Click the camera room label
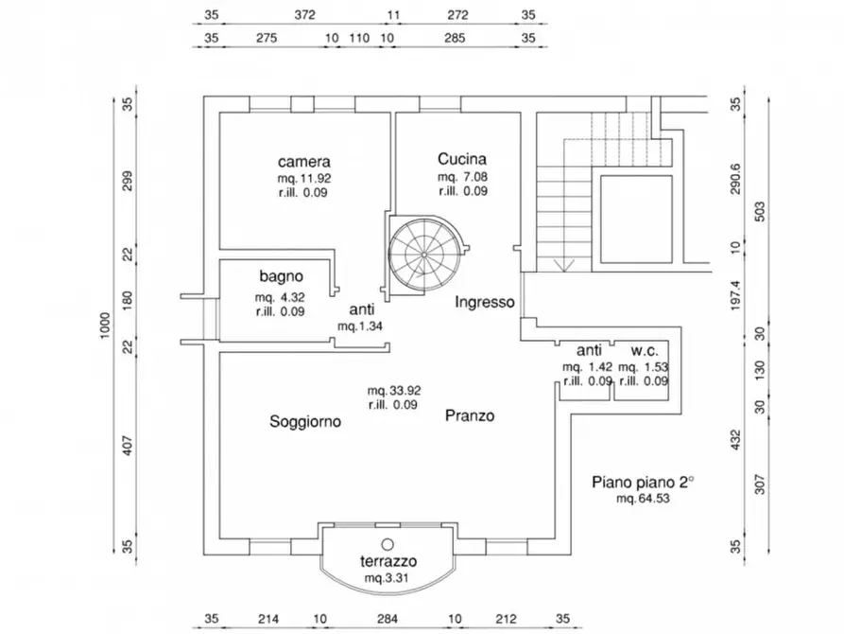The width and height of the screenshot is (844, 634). click(x=304, y=162)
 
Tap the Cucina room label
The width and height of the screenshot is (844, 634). click(x=462, y=159)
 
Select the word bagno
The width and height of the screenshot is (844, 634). click(x=281, y=276)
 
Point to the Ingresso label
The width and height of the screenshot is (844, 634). click(x=485, y=302)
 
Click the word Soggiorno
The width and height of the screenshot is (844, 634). click(x=305, y=422)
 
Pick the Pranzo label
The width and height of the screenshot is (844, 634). click(x=470, y=415)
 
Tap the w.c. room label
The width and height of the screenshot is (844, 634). click(x=645, y=351)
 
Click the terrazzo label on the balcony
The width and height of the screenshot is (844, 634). click(x=388, y=561)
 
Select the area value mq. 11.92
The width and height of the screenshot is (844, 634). click(x=304, y=179)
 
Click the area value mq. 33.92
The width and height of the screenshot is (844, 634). click(x=394, y=390)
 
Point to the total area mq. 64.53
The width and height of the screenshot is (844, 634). click(x=643, y=498)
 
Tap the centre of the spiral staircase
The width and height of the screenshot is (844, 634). click(x=424, y=254)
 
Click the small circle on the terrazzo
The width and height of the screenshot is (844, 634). click(x=388, y=544)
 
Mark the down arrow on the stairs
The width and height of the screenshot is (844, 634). click(x=563, y=264)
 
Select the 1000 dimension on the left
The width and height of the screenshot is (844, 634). click(x=105, y=326)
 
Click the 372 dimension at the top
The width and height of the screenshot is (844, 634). click(x=304, y=15)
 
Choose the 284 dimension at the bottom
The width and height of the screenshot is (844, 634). click(x=387, y=619)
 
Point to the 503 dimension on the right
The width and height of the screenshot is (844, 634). click(x=760, y=211)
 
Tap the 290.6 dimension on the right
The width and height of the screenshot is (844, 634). click(x=736, y=179)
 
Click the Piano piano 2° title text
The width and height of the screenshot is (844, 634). click(x=643, y=482)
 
